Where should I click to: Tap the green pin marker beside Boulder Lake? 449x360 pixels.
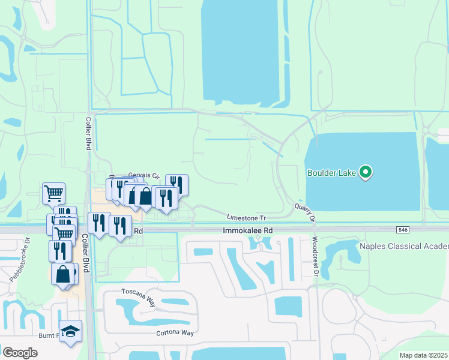366,173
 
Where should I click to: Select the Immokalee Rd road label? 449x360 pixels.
247,230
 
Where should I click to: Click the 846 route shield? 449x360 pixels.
403,230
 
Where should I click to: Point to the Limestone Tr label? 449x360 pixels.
246,218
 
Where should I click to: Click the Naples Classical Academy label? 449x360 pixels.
403,247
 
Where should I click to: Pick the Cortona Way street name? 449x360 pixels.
177,333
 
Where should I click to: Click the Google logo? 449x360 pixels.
20,353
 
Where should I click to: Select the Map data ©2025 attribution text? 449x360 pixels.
423,355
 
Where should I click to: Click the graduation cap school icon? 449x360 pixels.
70,331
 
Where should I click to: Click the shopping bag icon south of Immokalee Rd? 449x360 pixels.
63,274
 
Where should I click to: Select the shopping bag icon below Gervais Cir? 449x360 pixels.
145,196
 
